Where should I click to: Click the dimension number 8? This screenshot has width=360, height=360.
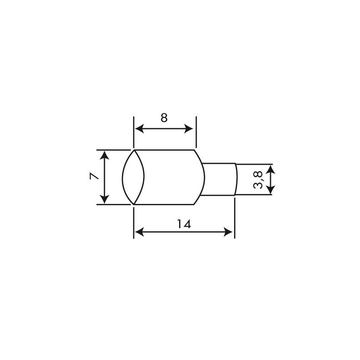164,118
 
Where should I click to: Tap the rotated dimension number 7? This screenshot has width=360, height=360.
94,177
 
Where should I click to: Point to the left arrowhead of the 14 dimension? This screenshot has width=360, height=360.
138,232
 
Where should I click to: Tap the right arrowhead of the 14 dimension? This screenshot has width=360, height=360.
230,232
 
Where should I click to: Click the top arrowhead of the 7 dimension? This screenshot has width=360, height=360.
104,154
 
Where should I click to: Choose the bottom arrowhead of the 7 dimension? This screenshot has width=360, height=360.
104,199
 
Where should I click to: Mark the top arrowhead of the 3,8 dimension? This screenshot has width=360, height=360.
270,168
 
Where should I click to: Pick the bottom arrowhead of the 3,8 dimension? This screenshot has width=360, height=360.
270,191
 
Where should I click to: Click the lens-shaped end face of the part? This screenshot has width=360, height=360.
134,177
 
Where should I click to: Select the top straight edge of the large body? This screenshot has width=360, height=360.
164,150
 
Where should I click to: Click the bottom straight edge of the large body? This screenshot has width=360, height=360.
164,204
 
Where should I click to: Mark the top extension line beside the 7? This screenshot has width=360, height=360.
112,150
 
